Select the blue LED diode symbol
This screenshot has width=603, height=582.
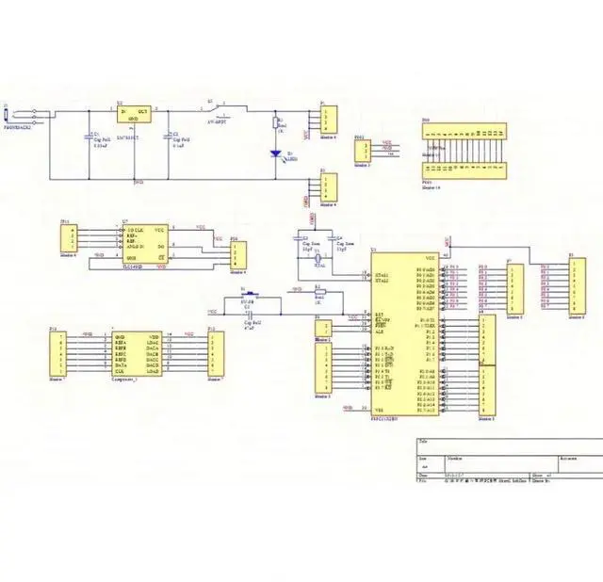[276, 153]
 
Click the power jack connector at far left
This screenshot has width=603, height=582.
[8, 117]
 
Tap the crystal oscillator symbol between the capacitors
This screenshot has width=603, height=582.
[318, 256]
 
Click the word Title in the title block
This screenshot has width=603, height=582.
[423, 441]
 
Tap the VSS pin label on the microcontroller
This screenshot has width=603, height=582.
[379, 409]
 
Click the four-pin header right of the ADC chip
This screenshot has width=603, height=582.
[238, 254]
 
